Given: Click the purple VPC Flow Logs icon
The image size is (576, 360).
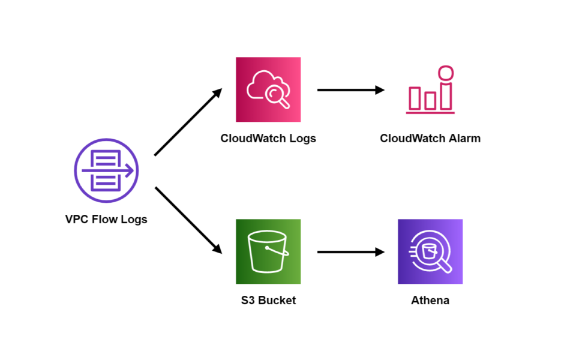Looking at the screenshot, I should click(x=106, y=170).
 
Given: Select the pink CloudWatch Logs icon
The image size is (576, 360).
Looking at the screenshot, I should click(x=268, y=89).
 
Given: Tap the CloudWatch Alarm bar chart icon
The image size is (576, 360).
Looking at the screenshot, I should click(x=430, y=90).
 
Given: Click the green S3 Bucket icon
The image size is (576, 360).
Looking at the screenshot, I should click(x=268, y=251).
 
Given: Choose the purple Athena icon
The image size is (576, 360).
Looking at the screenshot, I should click(x=430, y=251).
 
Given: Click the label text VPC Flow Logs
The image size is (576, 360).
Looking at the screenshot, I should click(x=106, y=220).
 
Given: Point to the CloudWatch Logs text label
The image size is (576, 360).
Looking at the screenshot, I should click(x=268, y=139).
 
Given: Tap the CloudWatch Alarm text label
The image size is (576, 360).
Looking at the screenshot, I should click(x=430, y=139).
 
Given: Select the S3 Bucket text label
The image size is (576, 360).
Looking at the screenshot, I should click(x=268, y=301).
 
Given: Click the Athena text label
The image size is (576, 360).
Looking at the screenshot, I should click(x=430, y=301).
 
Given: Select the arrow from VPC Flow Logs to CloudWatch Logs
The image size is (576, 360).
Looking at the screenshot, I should click(x=188, y=122).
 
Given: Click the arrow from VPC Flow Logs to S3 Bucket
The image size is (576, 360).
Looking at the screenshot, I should click(x=188, y=220).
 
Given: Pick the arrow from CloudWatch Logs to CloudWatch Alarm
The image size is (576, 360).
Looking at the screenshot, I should click(x=350, y=90).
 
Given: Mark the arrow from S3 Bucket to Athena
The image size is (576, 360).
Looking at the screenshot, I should click(x=350, y=252).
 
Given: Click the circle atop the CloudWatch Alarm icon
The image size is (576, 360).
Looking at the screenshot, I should click(x=446, y=73).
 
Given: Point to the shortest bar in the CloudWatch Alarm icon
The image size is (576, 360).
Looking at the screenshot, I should click(x=430, y=101).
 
